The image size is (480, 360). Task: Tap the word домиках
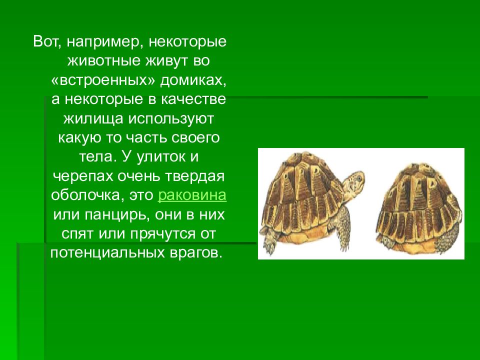point(192,80)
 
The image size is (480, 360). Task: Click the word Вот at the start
point(45,42)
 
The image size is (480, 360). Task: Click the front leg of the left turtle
point(343,235)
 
